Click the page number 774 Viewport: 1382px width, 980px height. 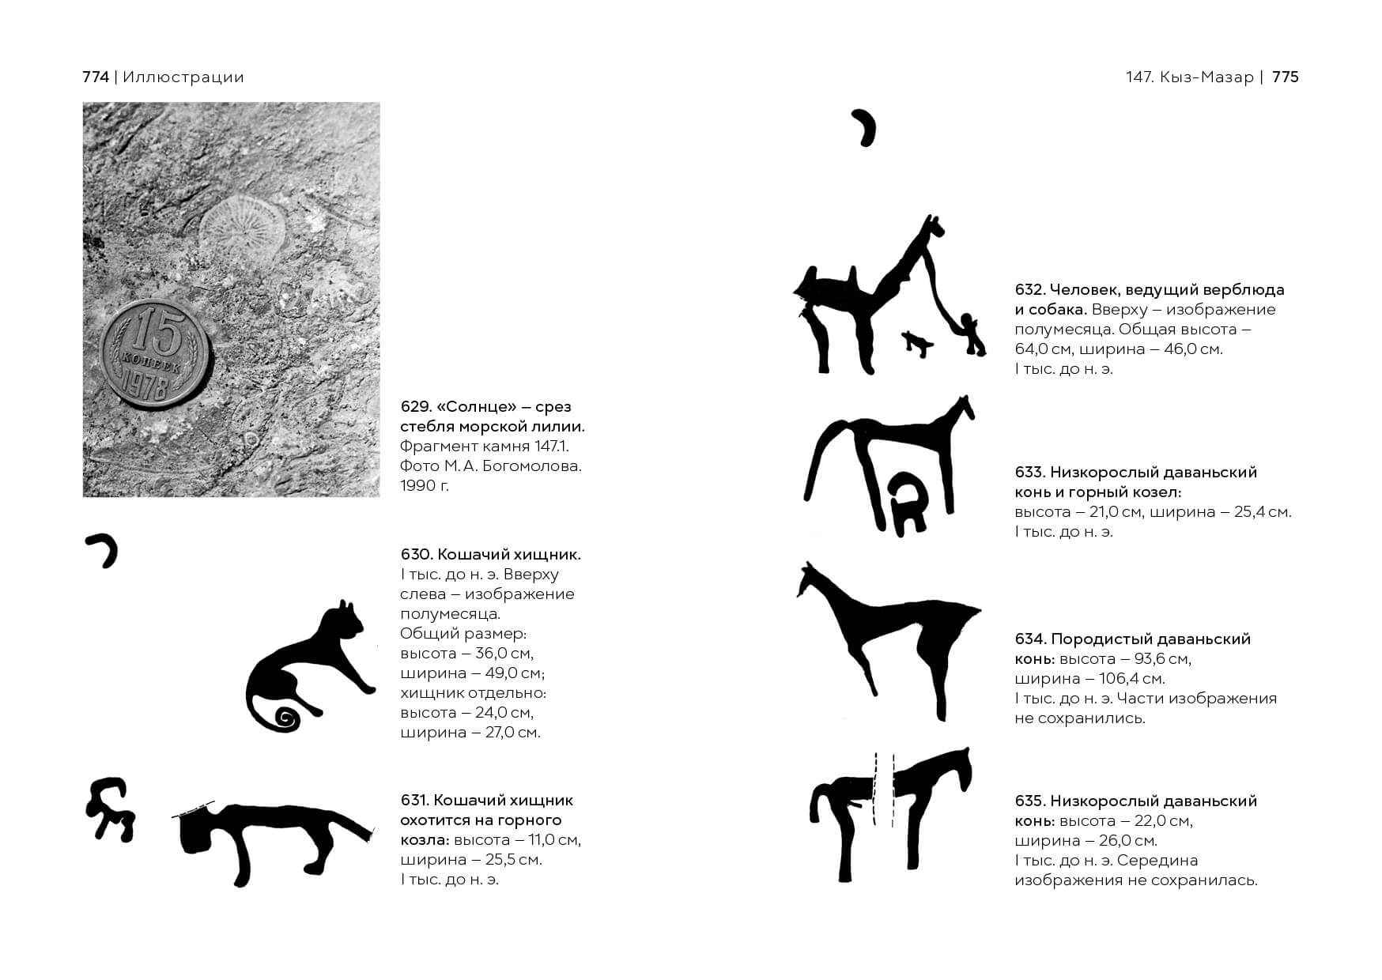coord(96,77)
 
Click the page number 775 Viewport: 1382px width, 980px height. coord(1286,77)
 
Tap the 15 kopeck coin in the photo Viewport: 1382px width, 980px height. coord(156,354)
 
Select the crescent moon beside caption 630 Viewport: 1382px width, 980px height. coord(104,549)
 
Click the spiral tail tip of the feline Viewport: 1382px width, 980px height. coord(285,718)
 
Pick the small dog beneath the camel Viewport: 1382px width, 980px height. coord(917,343)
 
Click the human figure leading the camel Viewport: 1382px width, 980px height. coord(970,334)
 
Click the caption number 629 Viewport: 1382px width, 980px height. coord(416,407)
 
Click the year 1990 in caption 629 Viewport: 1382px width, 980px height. coord(417,485)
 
